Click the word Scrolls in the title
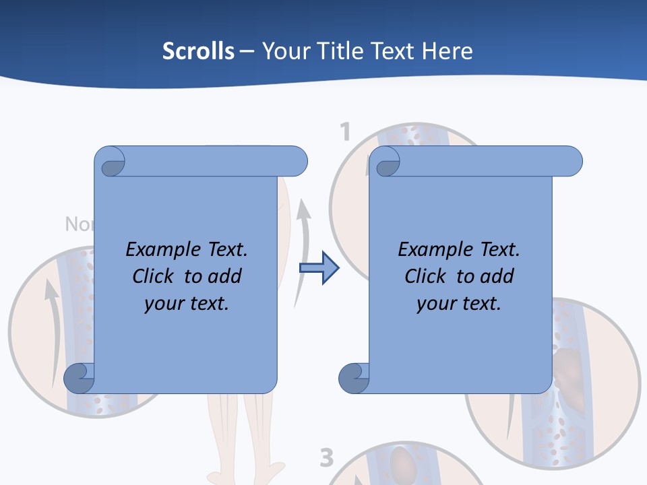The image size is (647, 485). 198,51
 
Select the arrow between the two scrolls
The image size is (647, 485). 319,268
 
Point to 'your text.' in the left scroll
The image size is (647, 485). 187,303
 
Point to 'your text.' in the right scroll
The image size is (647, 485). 459,303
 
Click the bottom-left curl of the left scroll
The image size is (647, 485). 79,379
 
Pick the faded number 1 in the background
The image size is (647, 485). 345,131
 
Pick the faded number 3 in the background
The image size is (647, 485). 326,458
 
